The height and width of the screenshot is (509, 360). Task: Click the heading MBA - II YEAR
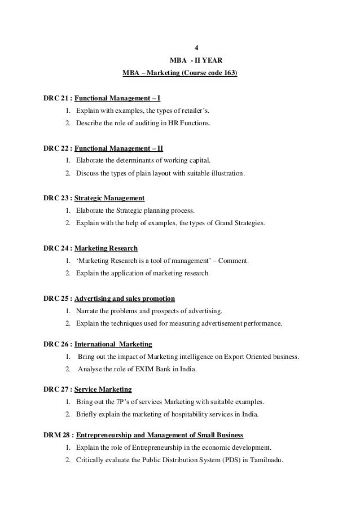click(x=196, y=60)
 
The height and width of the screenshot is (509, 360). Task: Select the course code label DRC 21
click(x=55, y=98)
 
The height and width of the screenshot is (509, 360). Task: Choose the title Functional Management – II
click(x=118, y=149)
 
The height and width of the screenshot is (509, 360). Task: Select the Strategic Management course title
click(x=109, y=198)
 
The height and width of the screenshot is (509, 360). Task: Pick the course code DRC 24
click(x=55, y=248)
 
